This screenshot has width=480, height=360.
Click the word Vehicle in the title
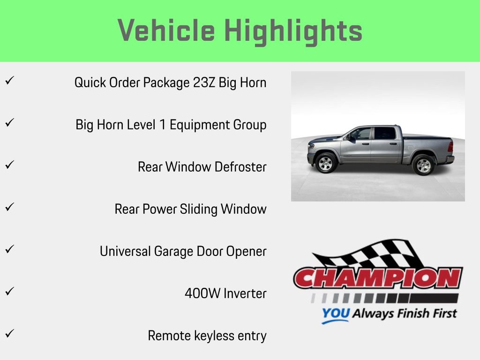[166, 31]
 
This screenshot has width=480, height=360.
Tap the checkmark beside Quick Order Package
[9, 81]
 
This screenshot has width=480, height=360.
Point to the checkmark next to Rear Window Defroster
[9, 165]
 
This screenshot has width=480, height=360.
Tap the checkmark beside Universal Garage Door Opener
[9, 249]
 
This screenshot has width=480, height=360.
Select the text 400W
[202, 293]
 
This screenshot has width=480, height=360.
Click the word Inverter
[245, 293]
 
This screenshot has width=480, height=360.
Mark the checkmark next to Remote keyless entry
[9, 334]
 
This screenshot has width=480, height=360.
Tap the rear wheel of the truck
[423, 165]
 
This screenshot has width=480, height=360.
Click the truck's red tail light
[450, 146]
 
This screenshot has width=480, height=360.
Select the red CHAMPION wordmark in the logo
[378, 279]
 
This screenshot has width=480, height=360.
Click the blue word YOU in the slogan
[335, 314]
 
